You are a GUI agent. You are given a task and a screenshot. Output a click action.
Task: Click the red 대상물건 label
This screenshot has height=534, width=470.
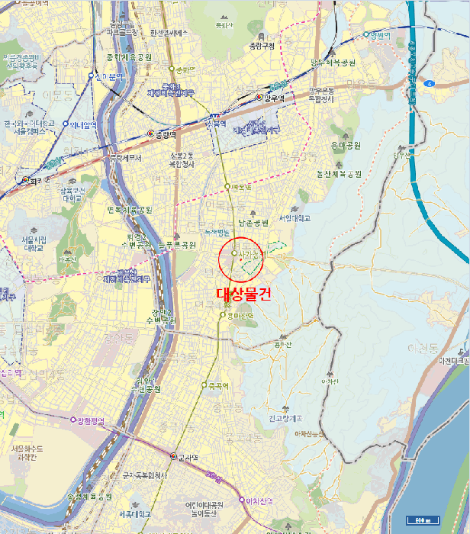(243, 292)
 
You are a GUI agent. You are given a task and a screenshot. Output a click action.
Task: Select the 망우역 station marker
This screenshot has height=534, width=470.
(260, 98)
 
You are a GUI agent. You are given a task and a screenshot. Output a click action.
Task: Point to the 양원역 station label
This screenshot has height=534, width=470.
(378, 34)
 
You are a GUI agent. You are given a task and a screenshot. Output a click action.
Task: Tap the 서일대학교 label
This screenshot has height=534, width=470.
(295, 217)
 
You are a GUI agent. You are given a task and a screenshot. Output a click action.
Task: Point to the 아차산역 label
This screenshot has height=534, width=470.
(259, 500)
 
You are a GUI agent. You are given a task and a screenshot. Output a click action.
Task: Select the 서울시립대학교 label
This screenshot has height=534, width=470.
(34, 243)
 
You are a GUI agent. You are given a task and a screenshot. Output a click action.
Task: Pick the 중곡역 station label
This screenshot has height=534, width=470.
(218, 386)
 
